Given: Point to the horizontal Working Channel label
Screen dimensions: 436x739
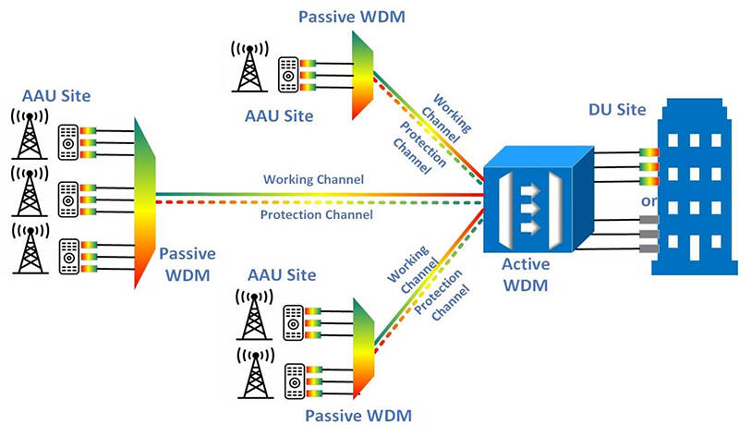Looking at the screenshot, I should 313,178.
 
